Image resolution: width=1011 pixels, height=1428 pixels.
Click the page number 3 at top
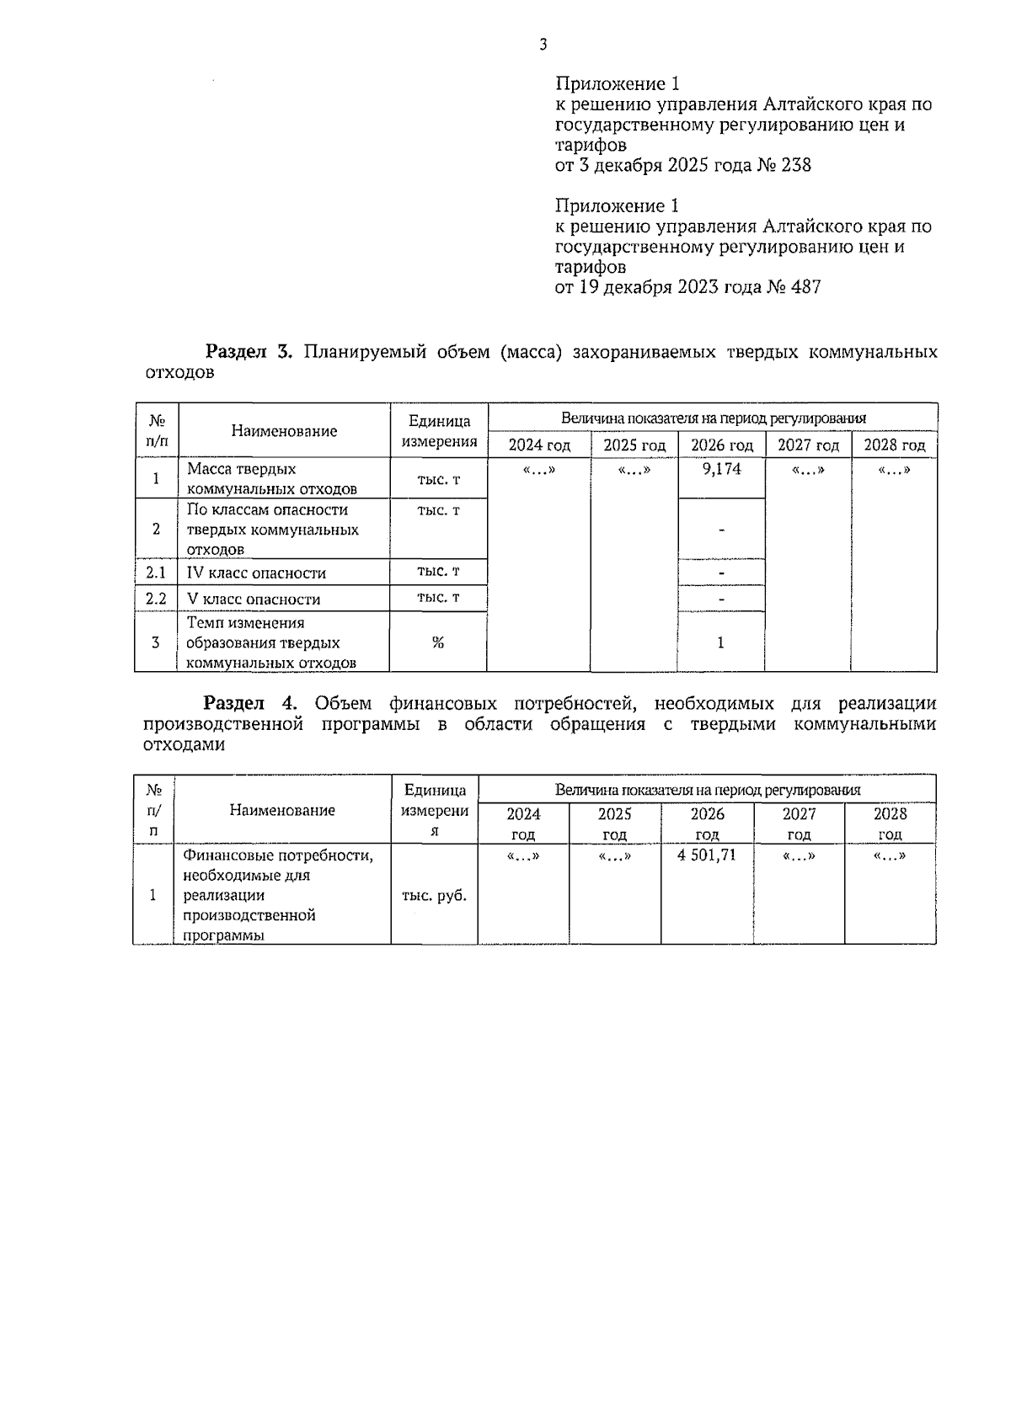pos(543,45)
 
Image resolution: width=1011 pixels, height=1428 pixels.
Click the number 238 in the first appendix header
pos(796,165)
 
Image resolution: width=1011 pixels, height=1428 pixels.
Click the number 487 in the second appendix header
pos(805,287)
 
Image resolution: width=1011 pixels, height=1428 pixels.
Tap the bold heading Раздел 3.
pos(249,352)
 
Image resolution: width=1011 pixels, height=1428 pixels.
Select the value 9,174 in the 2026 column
pos(721,469)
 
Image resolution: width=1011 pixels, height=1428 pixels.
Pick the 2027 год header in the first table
pos(808,445)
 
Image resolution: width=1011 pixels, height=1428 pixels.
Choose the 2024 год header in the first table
pos(539,445)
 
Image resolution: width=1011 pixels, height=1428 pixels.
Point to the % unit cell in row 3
pos(438,642)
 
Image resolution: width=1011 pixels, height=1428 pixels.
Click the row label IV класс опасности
pos(256,573)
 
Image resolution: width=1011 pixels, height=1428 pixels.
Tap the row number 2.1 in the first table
pos(156,573)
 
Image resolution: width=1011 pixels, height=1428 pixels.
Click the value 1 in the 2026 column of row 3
pos(720,642)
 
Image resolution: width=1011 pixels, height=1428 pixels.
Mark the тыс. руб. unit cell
pos(434,896)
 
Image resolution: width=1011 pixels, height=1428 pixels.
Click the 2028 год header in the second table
pos(890,823)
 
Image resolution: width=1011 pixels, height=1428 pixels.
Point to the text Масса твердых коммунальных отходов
pos(271,479)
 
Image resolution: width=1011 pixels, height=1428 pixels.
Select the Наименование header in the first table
pos(284,431)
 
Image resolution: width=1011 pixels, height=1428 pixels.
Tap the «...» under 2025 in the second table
pos(614,856)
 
